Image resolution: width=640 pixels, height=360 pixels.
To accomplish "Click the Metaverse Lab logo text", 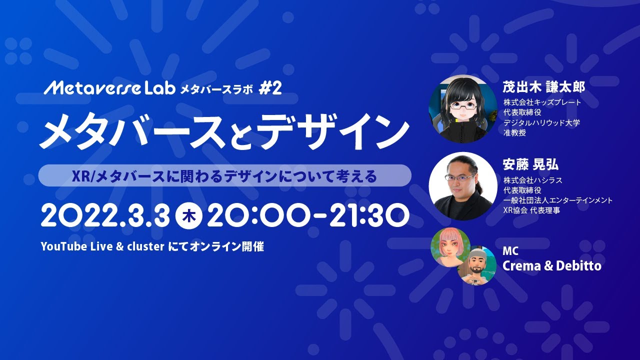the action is coord(109,88).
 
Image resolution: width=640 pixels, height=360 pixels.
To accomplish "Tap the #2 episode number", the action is coord(270,88).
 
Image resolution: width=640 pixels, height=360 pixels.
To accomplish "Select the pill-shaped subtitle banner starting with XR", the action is coord(225,175).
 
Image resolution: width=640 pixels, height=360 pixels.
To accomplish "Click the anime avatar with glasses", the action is coord(463,109).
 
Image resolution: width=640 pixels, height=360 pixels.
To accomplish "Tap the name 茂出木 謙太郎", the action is coord(543,87).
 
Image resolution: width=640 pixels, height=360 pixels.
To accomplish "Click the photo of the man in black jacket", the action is coord(463,186).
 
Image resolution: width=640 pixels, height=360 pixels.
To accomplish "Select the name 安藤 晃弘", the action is coord(530,164).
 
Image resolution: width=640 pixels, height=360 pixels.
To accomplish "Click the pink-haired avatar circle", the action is coord(450,247).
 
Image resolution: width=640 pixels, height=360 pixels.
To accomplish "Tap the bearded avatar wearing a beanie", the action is coord(477,265).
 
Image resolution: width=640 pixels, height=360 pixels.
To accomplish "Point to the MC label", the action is coord(510,251).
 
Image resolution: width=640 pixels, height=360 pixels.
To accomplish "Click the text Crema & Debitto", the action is coord(551,266).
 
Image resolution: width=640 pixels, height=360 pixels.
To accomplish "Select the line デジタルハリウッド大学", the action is coord(541,122).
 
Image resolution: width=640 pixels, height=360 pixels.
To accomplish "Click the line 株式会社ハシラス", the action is coord(533,180).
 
